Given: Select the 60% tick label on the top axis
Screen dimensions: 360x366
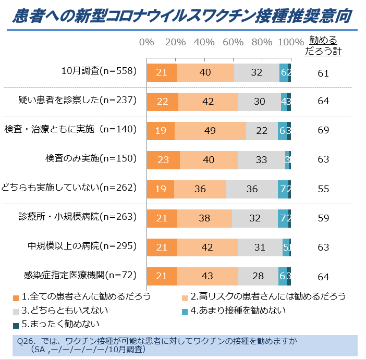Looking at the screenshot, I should pyautogui.click(x=233, y=42).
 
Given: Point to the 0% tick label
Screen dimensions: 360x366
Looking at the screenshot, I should pyautogui.click(x=147, y=42).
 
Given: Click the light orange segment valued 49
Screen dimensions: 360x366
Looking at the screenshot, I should pyautogui.click(x=210, y=130).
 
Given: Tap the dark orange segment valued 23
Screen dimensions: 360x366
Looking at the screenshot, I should pyautogui.click(x=163, y=159).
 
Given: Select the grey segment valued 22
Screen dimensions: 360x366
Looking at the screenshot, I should pyautogui.click(x=262, y=130).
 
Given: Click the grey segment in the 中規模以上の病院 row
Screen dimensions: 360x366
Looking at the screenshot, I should pyautogui.click(x=260, y=247).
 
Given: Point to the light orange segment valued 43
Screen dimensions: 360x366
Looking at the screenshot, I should pyautogui.click(x=208, y=276).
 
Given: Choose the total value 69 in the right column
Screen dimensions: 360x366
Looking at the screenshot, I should pyautogui.click(x=323, y=130).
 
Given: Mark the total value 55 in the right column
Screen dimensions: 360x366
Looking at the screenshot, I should pyautogui.click(x=323, y=189).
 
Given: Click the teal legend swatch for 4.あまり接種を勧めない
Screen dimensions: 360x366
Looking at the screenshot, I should pyautogui.click(x=185, y=311).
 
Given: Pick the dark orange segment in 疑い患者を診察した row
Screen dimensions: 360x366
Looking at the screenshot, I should pyautogui.click(x=163, y=101).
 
